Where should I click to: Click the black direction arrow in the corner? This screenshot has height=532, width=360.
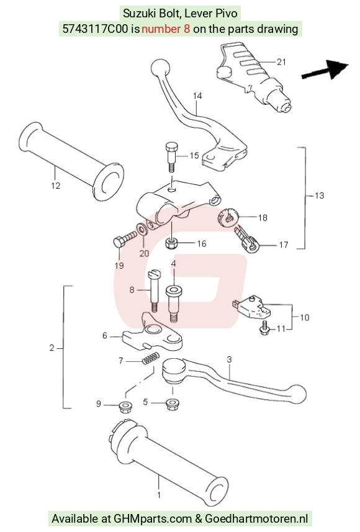(x=325, y=70)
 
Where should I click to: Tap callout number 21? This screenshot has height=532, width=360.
(x=281, y=61)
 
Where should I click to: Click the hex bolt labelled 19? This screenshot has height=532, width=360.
(x=125, y=239)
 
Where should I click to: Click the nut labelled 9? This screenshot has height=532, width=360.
(x=125, y=407)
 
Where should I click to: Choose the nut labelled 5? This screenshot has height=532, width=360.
(x=173, y=404)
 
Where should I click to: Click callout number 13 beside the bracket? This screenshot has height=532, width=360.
(x=319, y=196)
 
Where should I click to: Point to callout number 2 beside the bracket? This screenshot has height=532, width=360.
(x=52, y=348)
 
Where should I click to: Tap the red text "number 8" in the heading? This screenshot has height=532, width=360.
(x=166, y=29)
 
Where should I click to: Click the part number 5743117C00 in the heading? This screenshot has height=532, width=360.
(x=95, y=29)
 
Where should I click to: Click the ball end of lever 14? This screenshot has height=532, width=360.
(x=160, y=68)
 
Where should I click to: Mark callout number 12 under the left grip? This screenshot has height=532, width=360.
(x=56, y=186)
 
